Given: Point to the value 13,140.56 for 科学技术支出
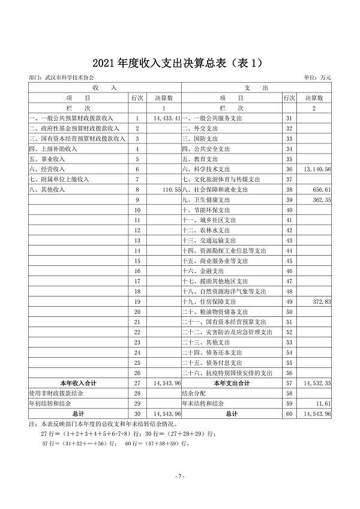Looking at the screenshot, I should click(x=317, y=169).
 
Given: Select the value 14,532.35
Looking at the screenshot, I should click(x=317, y=382).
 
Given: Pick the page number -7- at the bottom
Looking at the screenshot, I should click(x=179, y=476).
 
